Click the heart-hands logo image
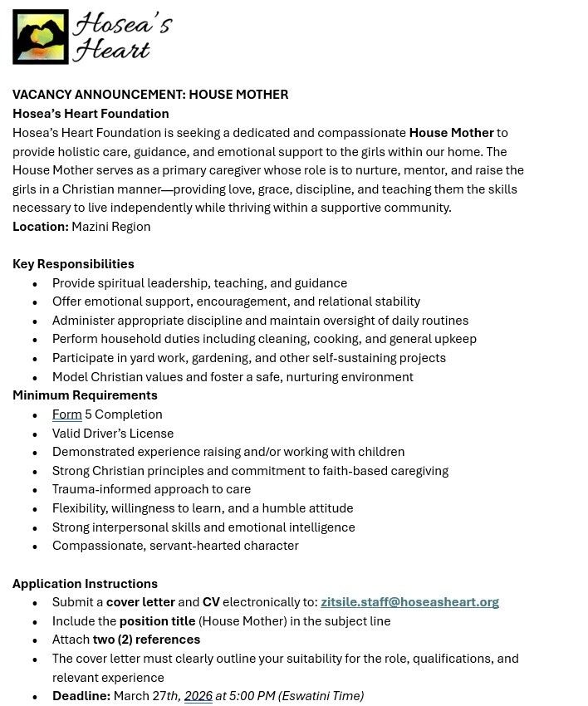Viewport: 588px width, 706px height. point(40,37)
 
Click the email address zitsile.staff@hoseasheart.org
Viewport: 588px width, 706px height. point(409,602)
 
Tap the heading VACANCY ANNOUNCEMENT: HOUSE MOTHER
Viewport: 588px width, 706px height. point(150,95)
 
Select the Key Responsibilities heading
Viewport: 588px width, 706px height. point(73,264)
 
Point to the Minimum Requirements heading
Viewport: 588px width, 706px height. point(85,395)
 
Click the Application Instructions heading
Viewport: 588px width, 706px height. point(85,584)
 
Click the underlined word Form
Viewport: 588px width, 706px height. point(66,414)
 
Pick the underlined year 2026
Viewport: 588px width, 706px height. point(198,696)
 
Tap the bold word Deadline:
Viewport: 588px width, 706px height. point(81,696)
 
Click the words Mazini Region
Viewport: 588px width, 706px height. point(111,227)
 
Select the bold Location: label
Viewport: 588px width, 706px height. point(41,227)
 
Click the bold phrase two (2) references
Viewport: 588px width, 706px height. point(146,640)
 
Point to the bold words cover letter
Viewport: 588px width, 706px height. point(140,602)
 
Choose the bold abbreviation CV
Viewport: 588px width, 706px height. point(211,602)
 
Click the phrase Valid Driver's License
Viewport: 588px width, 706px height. point(113,434)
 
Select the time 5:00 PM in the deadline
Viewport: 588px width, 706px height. point(252,696)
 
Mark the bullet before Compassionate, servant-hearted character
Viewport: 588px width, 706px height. point(35,547)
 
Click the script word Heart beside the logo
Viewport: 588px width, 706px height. point(110,50)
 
